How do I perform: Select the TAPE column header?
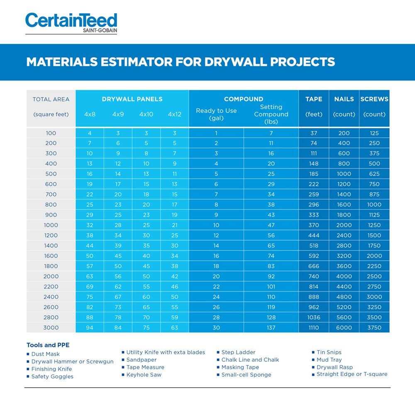tap(314, 99)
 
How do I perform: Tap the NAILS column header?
tap(344, 99)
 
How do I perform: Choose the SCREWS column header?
tap(374, 99)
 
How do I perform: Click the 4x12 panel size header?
tap(175, 114)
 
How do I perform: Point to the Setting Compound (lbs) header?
tap(271, 114)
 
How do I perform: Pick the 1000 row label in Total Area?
tap(51, 225)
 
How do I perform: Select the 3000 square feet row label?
tap(51, 327)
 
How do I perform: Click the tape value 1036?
tap(314, 317)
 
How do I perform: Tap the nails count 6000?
tap(344, 327)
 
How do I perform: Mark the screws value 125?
tap(374, 133)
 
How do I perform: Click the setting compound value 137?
tap(271, 327)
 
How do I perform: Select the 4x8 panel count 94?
tap(90, 327)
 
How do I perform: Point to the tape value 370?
tap(314, 225)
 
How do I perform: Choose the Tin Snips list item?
tap(329, 352)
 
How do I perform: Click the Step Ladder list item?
tap(238, 352)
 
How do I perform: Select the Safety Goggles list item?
tap(52, 376)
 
